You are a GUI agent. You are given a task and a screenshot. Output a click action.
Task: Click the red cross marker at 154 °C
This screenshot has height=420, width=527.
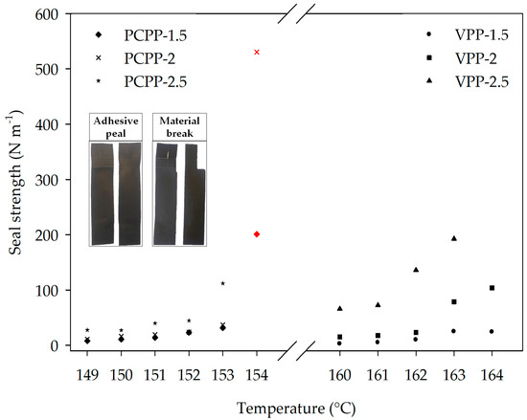256,52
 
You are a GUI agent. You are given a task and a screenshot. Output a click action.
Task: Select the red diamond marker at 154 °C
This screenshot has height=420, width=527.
256,234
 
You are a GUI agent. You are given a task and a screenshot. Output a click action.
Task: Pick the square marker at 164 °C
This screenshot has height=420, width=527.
492,288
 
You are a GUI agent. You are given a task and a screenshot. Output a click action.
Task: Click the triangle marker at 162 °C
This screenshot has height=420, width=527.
416,270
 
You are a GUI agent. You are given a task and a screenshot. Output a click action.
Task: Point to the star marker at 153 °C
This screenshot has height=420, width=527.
222,283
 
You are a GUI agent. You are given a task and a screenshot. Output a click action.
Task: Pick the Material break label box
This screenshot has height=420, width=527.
178,126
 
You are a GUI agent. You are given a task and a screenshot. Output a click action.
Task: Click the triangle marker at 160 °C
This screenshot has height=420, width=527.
339,308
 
